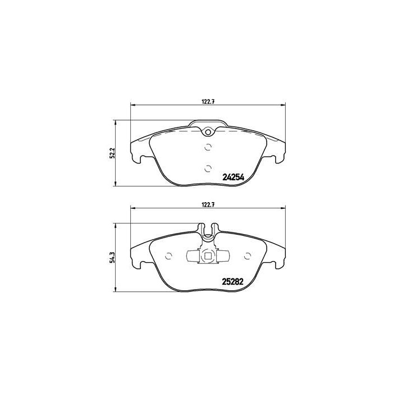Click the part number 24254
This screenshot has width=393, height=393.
(233, 176)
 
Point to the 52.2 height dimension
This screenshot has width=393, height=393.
(112, 152)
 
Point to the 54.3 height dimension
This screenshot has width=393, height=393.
(112, 256)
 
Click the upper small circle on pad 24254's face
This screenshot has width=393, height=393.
(207, 148)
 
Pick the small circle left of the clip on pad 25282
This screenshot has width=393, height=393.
(170, 257)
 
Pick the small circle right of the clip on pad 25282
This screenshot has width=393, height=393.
(247, 257)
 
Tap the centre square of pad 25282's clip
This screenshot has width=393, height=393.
(208, 257)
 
